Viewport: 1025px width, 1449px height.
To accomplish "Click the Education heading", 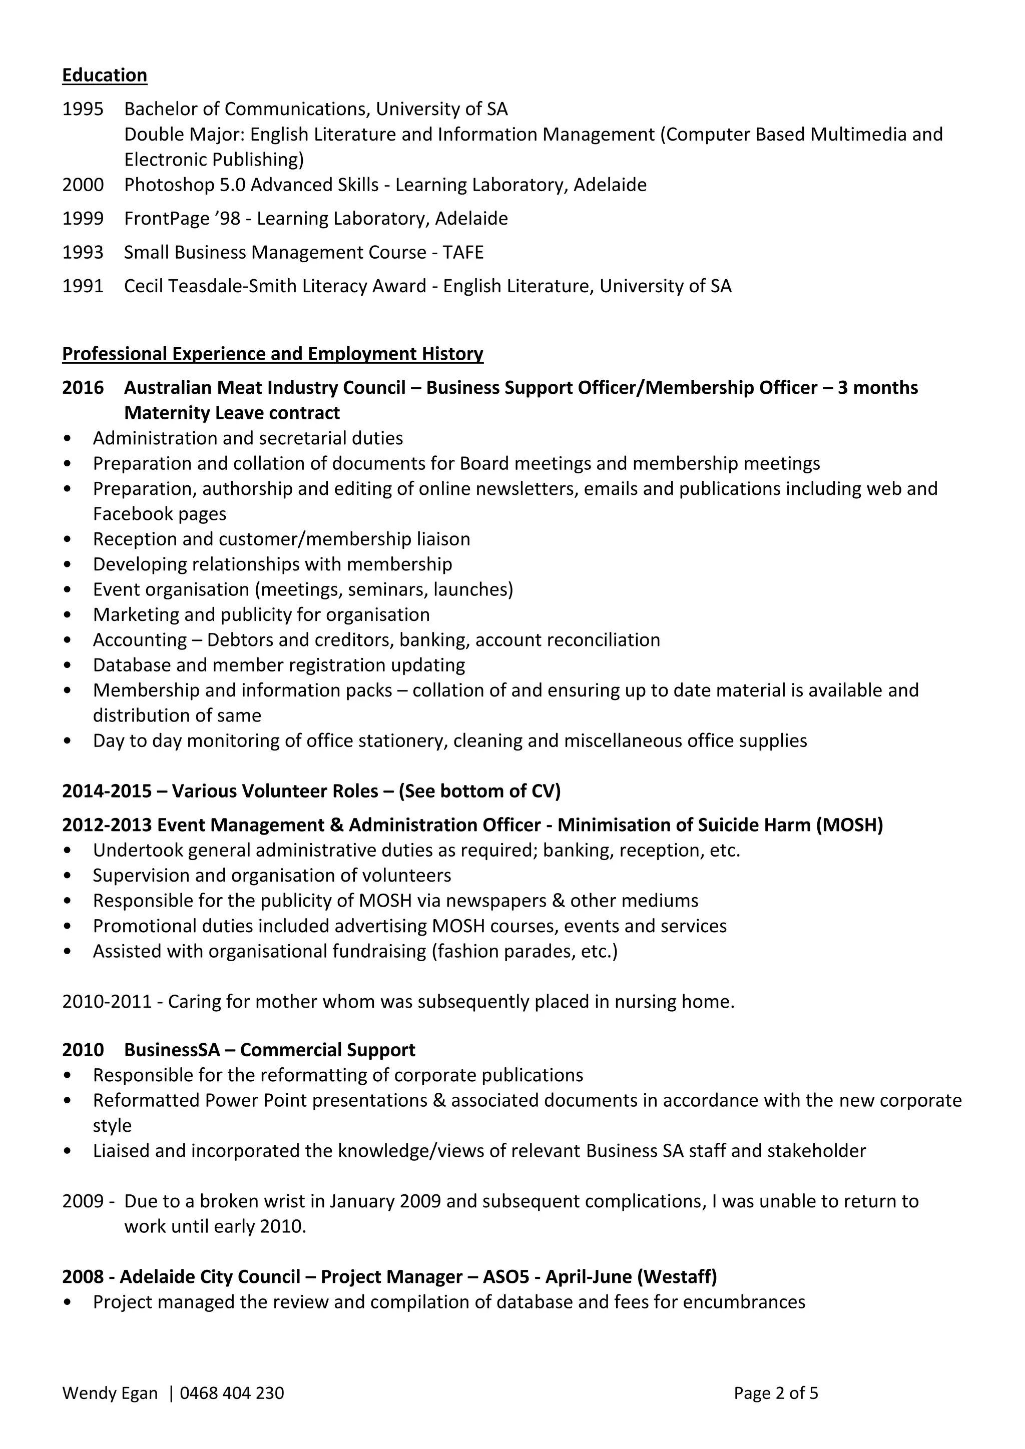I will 104,75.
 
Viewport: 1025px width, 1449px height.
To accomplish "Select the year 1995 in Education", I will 83,109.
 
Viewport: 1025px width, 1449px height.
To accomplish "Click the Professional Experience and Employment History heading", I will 272,353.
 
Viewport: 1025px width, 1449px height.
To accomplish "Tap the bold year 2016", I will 83,387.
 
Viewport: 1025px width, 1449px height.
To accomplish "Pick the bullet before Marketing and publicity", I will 68,615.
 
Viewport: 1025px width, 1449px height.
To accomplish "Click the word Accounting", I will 140,640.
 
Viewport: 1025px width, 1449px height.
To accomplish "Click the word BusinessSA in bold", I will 172,1050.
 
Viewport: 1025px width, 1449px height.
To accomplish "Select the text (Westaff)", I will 677,1277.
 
